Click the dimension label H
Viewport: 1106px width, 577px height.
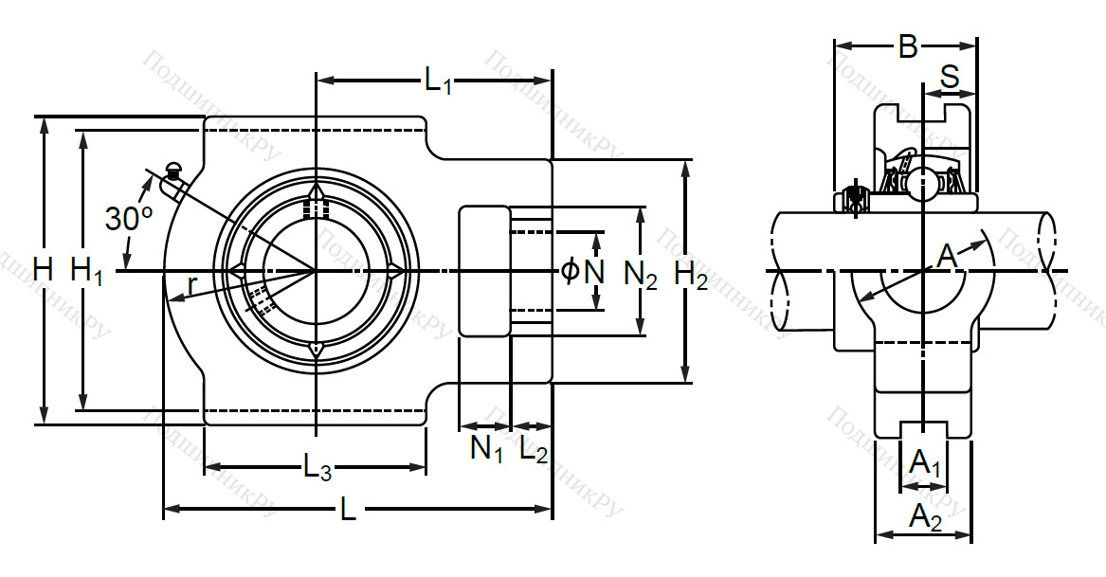pos(43,271)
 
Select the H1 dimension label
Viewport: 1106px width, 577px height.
pos(87,272)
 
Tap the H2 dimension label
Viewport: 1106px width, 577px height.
pos(691,276)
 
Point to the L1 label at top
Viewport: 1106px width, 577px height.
pos(438,81)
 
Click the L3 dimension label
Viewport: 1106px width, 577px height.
pos(317,465)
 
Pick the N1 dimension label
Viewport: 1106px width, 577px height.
pos(487,447)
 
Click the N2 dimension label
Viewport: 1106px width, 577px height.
pos(642,275)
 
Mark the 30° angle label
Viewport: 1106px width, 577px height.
pos(129,219)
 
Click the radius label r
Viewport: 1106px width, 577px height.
pos(192,283)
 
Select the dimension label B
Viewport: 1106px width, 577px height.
pos(908,45)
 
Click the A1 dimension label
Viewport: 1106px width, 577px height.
pos(924,464)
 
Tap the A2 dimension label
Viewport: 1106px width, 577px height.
pos(925,517)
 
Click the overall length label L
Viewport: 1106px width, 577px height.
pos(348,511)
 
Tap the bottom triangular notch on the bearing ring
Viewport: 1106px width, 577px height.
pos(316,351)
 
